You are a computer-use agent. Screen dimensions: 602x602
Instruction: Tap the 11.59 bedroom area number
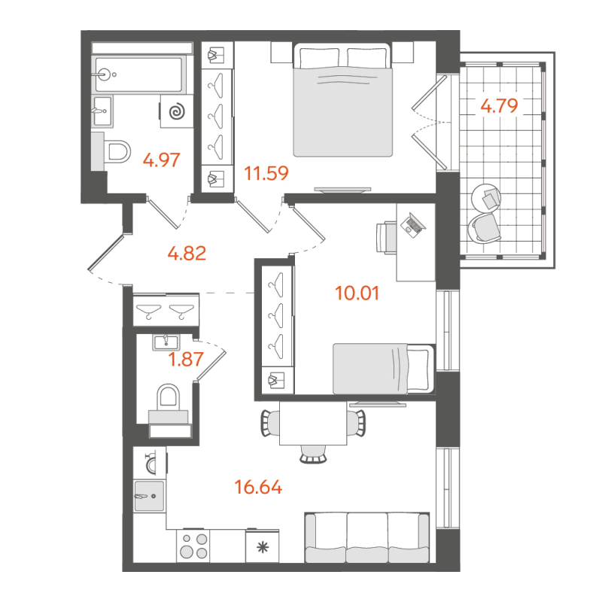pyautogui.click(x=267, y=175)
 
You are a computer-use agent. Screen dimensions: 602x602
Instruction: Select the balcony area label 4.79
pyautogui.click(x=499, y=106)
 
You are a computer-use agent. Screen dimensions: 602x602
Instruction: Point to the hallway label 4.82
pyautogui.click(x=187, y=253)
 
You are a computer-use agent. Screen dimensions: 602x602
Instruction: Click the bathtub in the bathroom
pyautogui.click(x=140, y=74)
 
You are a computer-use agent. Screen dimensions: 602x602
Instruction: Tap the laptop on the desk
pyautogui.click(x=413, y=223)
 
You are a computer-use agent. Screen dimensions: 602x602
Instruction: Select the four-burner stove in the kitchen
pyautogui.click(x=192, y=545)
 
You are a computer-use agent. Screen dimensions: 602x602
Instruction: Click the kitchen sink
pyautogui.click(x=148, y=495)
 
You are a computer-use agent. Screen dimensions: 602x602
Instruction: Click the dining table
pyautogui.click(x=314, y=424)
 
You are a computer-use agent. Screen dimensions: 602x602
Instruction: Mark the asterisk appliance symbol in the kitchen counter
pyautogui.click(x=262, y=547)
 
